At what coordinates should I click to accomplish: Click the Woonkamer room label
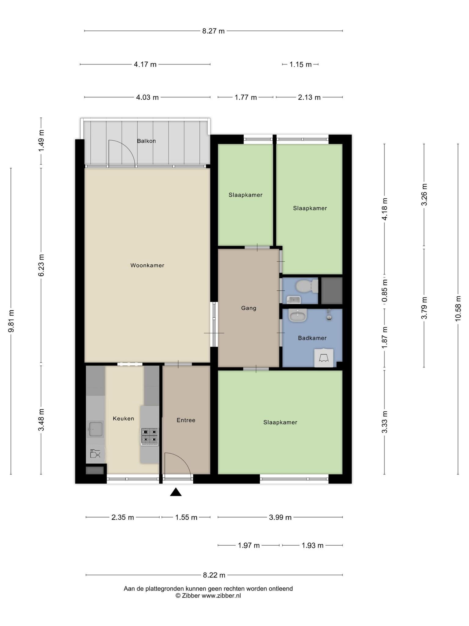(x=147, y=265)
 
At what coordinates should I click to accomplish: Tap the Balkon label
(x=146, y=141)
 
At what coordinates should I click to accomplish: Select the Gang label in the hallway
(x=249, y=308)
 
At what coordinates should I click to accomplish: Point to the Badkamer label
(x=312, y=338)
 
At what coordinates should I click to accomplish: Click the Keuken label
(x=123, y=418)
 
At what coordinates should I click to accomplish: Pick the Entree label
(x=186, y=420)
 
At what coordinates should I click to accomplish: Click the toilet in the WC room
(x=307, y=286)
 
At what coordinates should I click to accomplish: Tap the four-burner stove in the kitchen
(x=150, y=436)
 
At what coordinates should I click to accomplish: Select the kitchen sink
(x=95, y=429)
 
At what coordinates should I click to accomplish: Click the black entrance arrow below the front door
(x=176, y=492)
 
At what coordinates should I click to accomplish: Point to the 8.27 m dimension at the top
(x=213, y=31)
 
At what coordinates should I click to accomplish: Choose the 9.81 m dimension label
(x=11, y=321)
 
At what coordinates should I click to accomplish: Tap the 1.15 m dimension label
(x=300, y=64)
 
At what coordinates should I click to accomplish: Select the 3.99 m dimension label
(x=280, y=517)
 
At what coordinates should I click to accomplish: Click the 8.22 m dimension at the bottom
(x=214, y=575)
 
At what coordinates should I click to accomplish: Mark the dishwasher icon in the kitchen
(x=96, y=454)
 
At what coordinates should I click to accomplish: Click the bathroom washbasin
(x=298, y=315)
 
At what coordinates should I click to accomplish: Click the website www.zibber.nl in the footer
(x=221, y=596)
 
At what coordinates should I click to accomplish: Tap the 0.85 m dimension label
(x=384, y=290)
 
